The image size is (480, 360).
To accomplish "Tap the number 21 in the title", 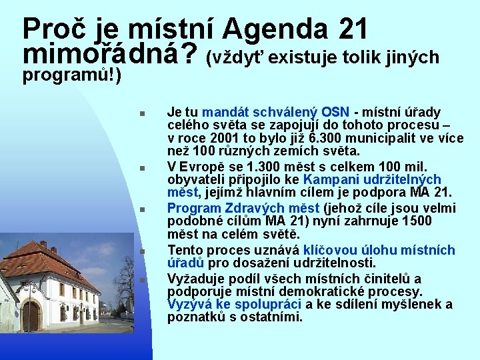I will [x=353, y=29].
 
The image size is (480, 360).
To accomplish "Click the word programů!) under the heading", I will [x=71, y=75].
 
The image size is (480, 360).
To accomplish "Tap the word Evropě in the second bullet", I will [x=200, y=166].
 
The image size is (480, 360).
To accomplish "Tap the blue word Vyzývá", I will [x=190, y=305].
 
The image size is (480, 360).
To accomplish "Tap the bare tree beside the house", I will [x=125, y=280].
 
